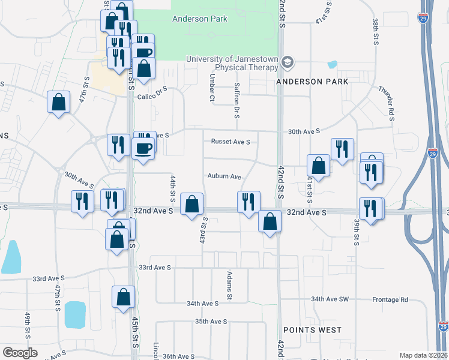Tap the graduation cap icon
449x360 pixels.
click(x=288, y=62)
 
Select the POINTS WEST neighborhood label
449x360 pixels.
click(x=312, y=330)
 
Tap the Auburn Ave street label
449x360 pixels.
click(x=224, y=176)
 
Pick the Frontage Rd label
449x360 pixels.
click(x=393, y=299)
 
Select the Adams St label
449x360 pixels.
click(x=229, y=286)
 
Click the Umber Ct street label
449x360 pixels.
click(x=212, y=88)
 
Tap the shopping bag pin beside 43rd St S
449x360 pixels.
click(x=191, y=203)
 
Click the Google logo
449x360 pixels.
click(x=20, y=353)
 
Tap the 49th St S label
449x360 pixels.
click(x=28, y=325)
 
